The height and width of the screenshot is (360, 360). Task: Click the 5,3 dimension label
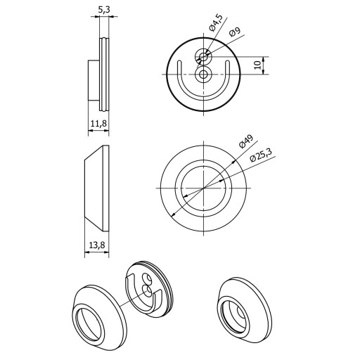coord(104,10)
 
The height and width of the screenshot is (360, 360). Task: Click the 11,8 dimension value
coord(98,123)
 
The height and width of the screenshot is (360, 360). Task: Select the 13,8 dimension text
coord(97,245)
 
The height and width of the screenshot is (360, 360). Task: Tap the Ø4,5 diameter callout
coord(215,22)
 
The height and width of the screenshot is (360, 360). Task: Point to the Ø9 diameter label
coord(235,32)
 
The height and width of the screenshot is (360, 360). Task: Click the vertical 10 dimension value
coord(257,65)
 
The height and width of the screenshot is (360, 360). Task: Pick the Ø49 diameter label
coord(246,141)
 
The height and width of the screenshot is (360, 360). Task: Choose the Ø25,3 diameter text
coord(261,155)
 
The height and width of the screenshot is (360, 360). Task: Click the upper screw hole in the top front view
coord(203,56)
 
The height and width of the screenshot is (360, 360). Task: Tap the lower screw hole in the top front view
coord(203,75)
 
